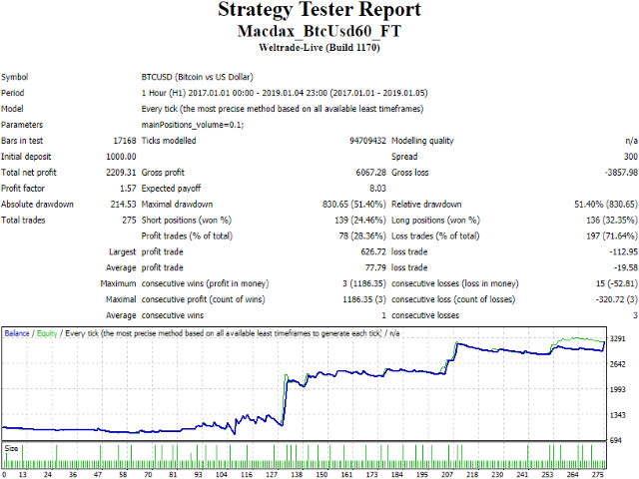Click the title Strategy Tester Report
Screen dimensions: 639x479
(x=319, y=10)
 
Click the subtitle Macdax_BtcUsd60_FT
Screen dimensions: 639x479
(x=319, y=31)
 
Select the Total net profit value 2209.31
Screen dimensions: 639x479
(x=121, y=173)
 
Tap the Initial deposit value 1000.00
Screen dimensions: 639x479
(x=121, y=157)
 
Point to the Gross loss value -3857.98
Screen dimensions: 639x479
(x=621, y=173)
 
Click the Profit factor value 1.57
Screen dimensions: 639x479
(x=128, y=189)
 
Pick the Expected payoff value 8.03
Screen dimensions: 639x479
(x=377, y=189)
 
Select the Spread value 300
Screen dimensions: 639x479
(x=630, y=157)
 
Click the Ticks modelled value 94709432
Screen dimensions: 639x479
(x=367, y=141)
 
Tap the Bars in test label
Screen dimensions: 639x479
(x=22, y=141)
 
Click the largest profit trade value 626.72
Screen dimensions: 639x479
(x=373, y=251)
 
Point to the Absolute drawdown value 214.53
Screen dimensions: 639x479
(x=123, y=204)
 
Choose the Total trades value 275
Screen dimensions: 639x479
(x=129, y=220)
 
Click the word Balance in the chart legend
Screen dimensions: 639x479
(x=17, y=333)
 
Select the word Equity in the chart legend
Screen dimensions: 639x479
(x=47, y=333)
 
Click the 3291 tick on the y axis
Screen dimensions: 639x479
(x=618, y=338)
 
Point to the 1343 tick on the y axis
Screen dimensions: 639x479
(x=618, y=415)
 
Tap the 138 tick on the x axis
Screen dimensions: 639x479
(x=297, y=475)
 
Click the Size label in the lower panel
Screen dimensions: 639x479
(x=11, y=448)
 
